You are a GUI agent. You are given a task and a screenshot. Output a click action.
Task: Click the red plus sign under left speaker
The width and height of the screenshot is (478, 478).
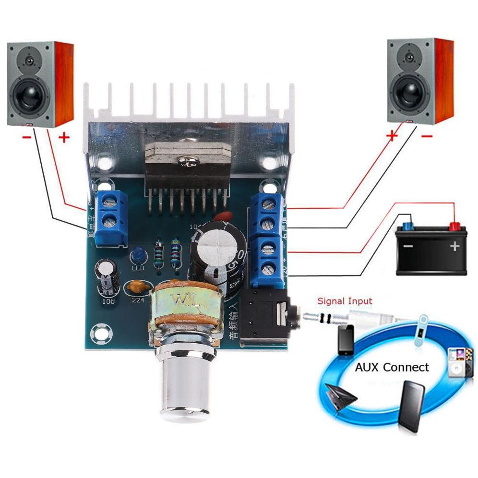click(64, 138)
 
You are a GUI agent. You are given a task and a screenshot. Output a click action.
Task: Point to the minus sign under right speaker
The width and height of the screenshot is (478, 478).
click(427, 136)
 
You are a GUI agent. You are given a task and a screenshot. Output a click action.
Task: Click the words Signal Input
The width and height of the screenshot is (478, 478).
click(345, 301)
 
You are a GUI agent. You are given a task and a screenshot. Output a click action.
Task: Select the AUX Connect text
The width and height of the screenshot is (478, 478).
click(392, 368)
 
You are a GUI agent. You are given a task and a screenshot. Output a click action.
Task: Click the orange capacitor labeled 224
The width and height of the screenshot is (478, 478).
click(137, 288)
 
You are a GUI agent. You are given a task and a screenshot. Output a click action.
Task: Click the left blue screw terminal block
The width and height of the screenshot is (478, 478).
click(112, 217)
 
